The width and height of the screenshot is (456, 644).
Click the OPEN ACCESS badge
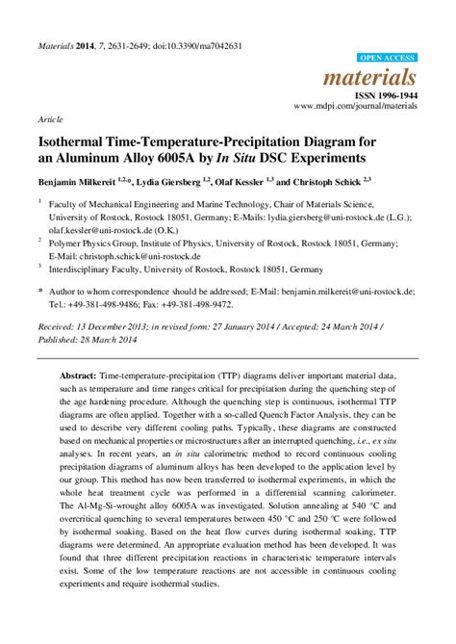click(387, 59)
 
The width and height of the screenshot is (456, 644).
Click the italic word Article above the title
click(50, 120)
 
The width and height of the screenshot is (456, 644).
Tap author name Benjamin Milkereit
click(84, 180)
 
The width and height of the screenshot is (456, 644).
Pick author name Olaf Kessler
click(263, 180)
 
